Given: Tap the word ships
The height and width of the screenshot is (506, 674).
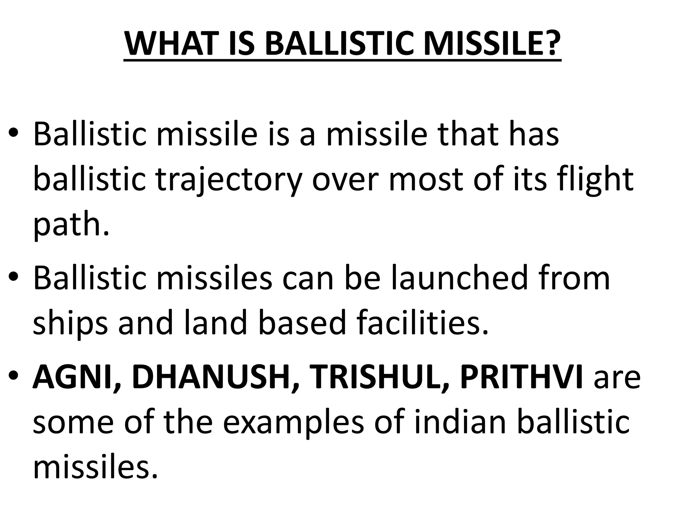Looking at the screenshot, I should tap(70, 323).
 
